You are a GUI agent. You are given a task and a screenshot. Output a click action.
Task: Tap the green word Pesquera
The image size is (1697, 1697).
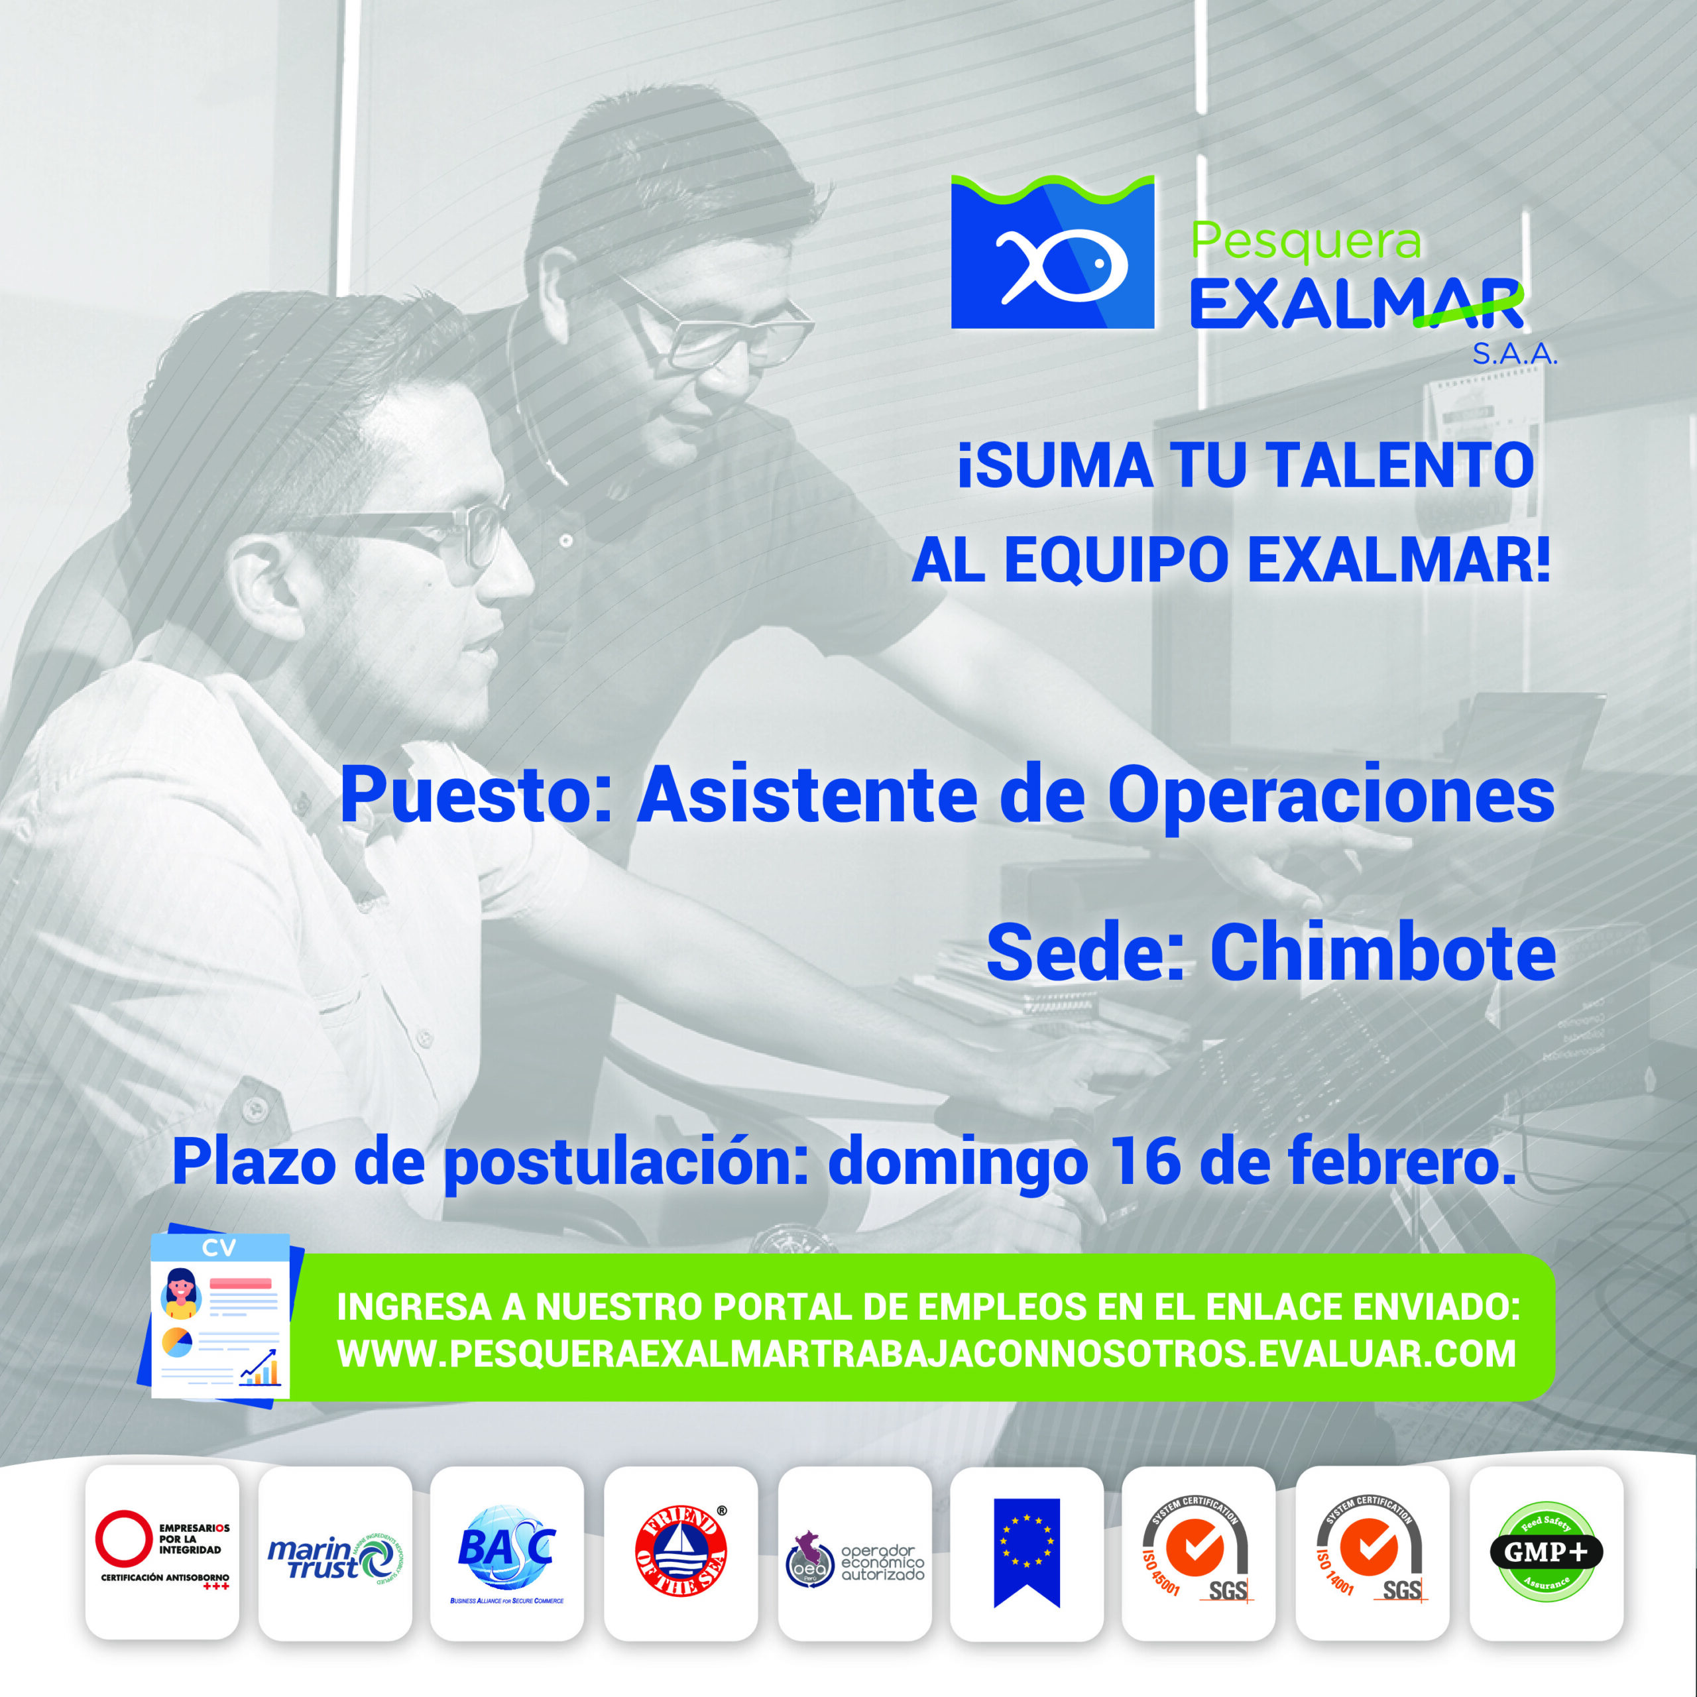coord(1305,241)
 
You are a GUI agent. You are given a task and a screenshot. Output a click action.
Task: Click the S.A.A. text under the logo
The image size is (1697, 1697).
coord(1514,354)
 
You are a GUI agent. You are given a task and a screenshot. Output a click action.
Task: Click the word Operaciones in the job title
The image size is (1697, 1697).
coord(1330,795)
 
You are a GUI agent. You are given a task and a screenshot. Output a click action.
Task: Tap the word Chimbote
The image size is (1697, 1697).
coord(1383,953)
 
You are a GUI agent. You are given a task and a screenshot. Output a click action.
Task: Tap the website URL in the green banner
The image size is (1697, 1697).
coord(926,1354)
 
